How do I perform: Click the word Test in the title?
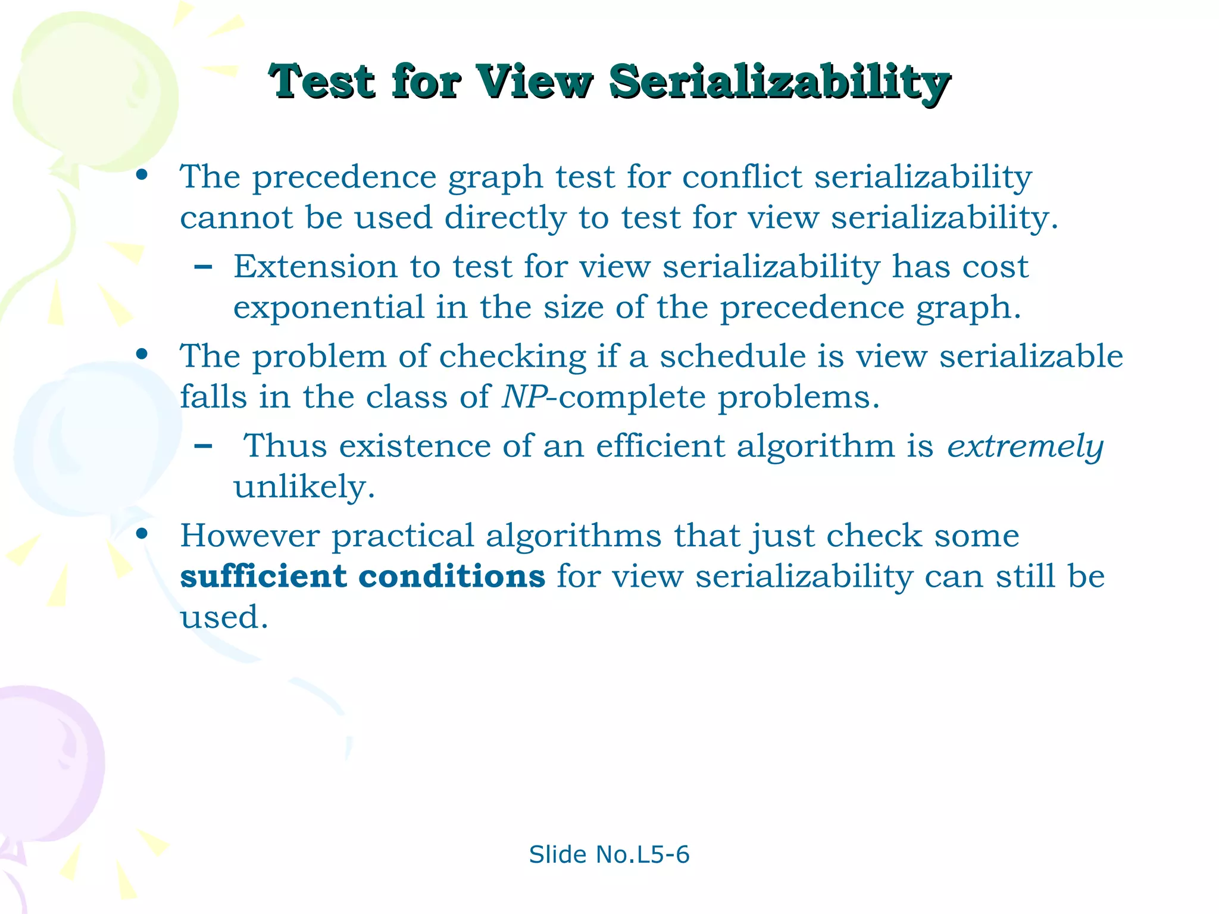(x=322, y=82)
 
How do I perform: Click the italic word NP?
(x=524, y=397)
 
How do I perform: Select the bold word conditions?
(x=452, y=577)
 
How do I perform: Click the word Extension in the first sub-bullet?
(x=315, y=267)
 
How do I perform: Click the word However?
(x=250, y=536)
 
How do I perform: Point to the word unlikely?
(x=304, y=487)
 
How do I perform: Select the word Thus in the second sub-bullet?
(x=286, y=446)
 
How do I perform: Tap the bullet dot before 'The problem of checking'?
(x=142, y=355)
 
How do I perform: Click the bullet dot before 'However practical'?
(x=142, y=534)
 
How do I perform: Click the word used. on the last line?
(x=224, y=617)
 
